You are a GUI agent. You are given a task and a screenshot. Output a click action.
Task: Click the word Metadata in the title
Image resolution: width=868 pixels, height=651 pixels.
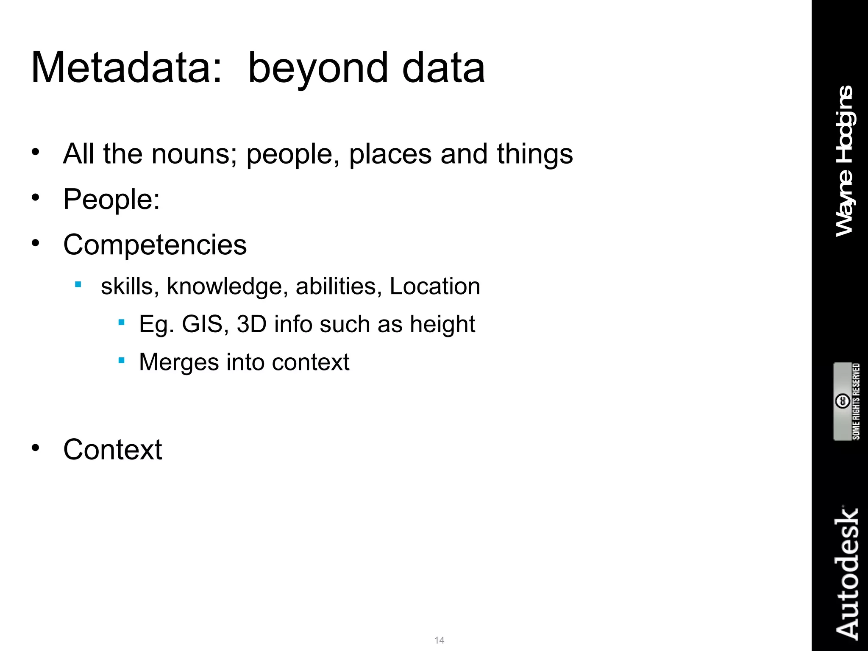[x=126, y=68]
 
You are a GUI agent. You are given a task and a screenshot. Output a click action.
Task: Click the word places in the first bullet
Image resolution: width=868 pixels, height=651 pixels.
[x=390, y=155]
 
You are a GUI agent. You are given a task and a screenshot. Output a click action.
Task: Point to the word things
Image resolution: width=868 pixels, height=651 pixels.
[x=535, y=155]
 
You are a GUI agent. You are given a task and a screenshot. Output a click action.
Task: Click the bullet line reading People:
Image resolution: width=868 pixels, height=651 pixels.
[x=111, y=199]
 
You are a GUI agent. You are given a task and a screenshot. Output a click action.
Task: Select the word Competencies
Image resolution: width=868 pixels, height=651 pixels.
[x=155, y=245]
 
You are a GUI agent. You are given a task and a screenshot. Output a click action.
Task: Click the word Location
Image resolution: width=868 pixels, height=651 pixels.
[x=434, y=286]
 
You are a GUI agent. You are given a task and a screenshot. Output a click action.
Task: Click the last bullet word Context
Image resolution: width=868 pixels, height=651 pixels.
[x=112, y=449]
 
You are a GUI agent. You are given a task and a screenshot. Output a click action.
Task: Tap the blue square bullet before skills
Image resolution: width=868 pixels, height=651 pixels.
[x=78, y=284]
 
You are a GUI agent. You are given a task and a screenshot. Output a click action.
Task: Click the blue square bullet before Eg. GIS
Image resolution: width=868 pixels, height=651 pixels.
[x=122, y=323]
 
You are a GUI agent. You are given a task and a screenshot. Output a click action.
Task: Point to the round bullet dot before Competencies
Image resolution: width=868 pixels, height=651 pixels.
[x=36, y=243]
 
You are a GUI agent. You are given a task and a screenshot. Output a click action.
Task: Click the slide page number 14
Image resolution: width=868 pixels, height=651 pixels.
[x=439, y=640]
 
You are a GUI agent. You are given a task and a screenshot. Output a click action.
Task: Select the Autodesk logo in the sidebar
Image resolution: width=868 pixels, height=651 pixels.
[x=846, y=572]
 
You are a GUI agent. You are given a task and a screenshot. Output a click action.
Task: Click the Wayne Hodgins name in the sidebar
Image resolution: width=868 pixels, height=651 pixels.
[x=845, y=161]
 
